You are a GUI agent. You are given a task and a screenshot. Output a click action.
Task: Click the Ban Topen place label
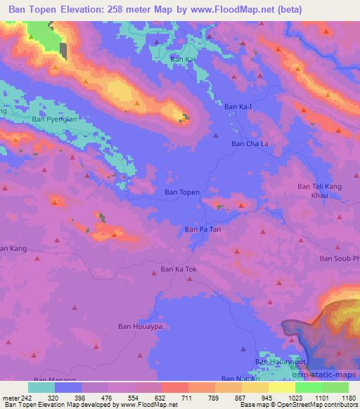182,192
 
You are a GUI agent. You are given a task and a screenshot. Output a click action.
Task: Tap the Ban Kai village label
182,60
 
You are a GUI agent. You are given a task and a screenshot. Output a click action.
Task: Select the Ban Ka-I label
238,107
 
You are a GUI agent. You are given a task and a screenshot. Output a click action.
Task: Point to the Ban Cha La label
250,143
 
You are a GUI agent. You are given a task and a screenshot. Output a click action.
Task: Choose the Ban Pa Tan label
202,229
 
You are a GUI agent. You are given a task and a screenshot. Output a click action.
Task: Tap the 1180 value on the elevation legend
349,397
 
